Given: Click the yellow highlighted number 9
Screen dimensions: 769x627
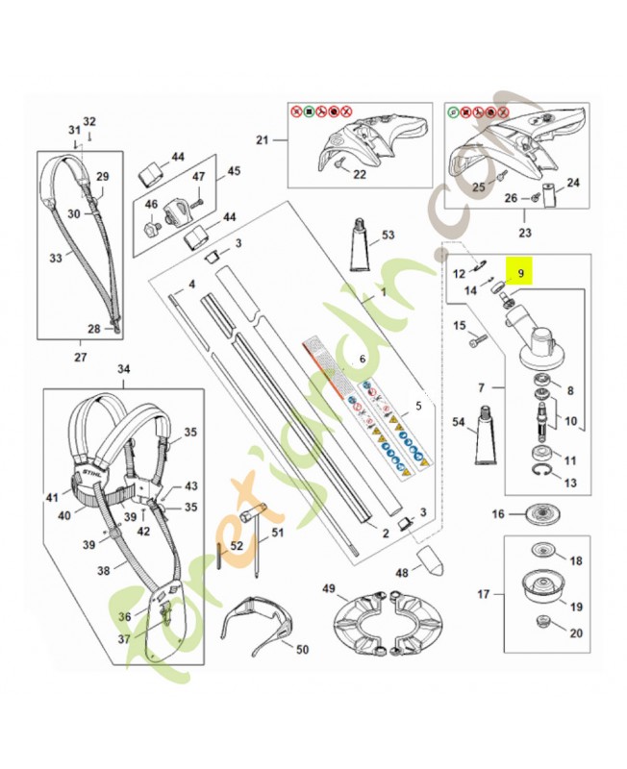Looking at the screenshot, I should pos(520,273).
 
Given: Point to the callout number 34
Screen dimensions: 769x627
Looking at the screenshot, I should pos(123,369).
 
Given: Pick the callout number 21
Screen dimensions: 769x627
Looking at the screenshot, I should pos(262,140).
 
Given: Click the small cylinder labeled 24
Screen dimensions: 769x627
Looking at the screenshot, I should pos(548,198).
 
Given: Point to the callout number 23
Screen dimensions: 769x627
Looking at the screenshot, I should pos(525,232).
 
